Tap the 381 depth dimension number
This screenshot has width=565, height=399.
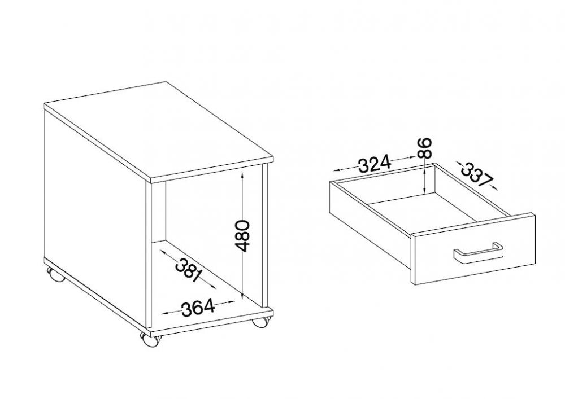click(x=188, y=270)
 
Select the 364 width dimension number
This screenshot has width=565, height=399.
click(x=198, y=309)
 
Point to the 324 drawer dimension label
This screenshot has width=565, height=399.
click(x=375, y=164)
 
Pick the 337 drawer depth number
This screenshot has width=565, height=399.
click(x=477, y=174)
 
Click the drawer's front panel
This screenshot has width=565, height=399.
click(x=473, y=249)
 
